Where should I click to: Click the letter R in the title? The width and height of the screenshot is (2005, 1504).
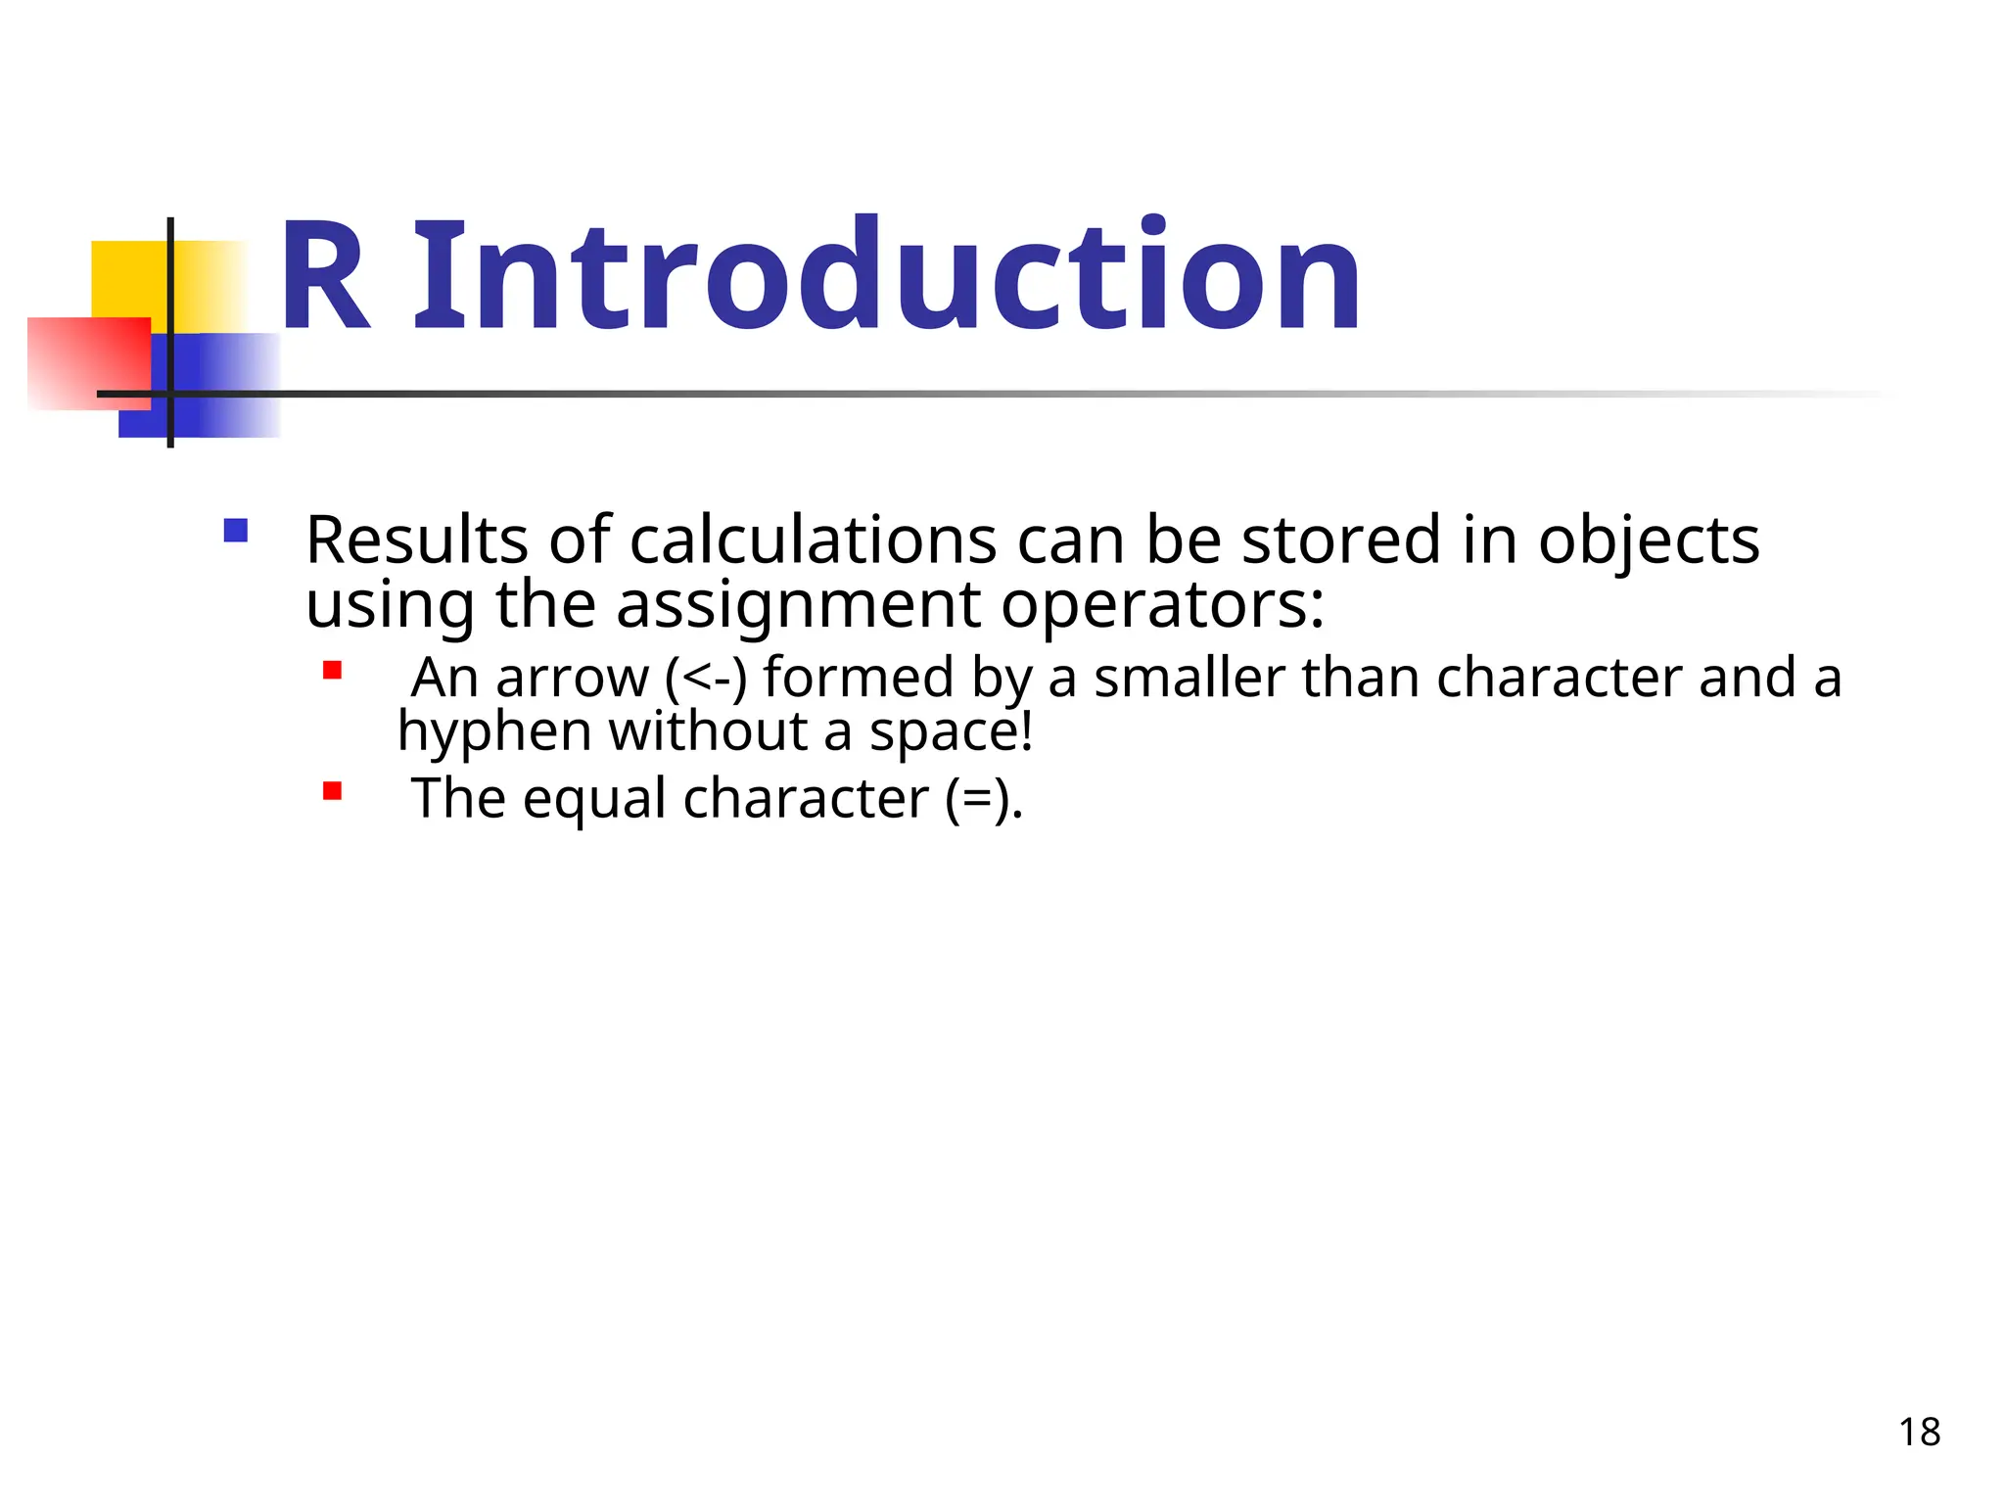[x=326, y=278]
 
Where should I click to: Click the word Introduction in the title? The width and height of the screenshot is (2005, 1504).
[x=886, y=276]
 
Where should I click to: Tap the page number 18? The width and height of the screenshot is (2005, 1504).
[x=1919, y=1433]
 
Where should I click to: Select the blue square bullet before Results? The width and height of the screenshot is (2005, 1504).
[x=236, y=531]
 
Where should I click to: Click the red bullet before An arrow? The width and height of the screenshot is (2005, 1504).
[x=333, y=671]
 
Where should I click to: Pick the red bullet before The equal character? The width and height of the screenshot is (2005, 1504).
[x=333, y=791]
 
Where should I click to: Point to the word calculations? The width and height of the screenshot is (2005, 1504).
[x=813, y=540]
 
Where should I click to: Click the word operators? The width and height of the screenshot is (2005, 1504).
[x=1163, y=605]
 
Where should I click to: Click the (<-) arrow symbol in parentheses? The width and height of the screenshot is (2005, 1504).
[x=705, y=678]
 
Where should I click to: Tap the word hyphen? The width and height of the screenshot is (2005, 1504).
[x=492, y=732]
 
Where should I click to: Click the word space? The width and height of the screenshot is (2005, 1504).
[x=951, y=732]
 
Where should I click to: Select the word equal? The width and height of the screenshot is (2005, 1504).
[x=594, y=799]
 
